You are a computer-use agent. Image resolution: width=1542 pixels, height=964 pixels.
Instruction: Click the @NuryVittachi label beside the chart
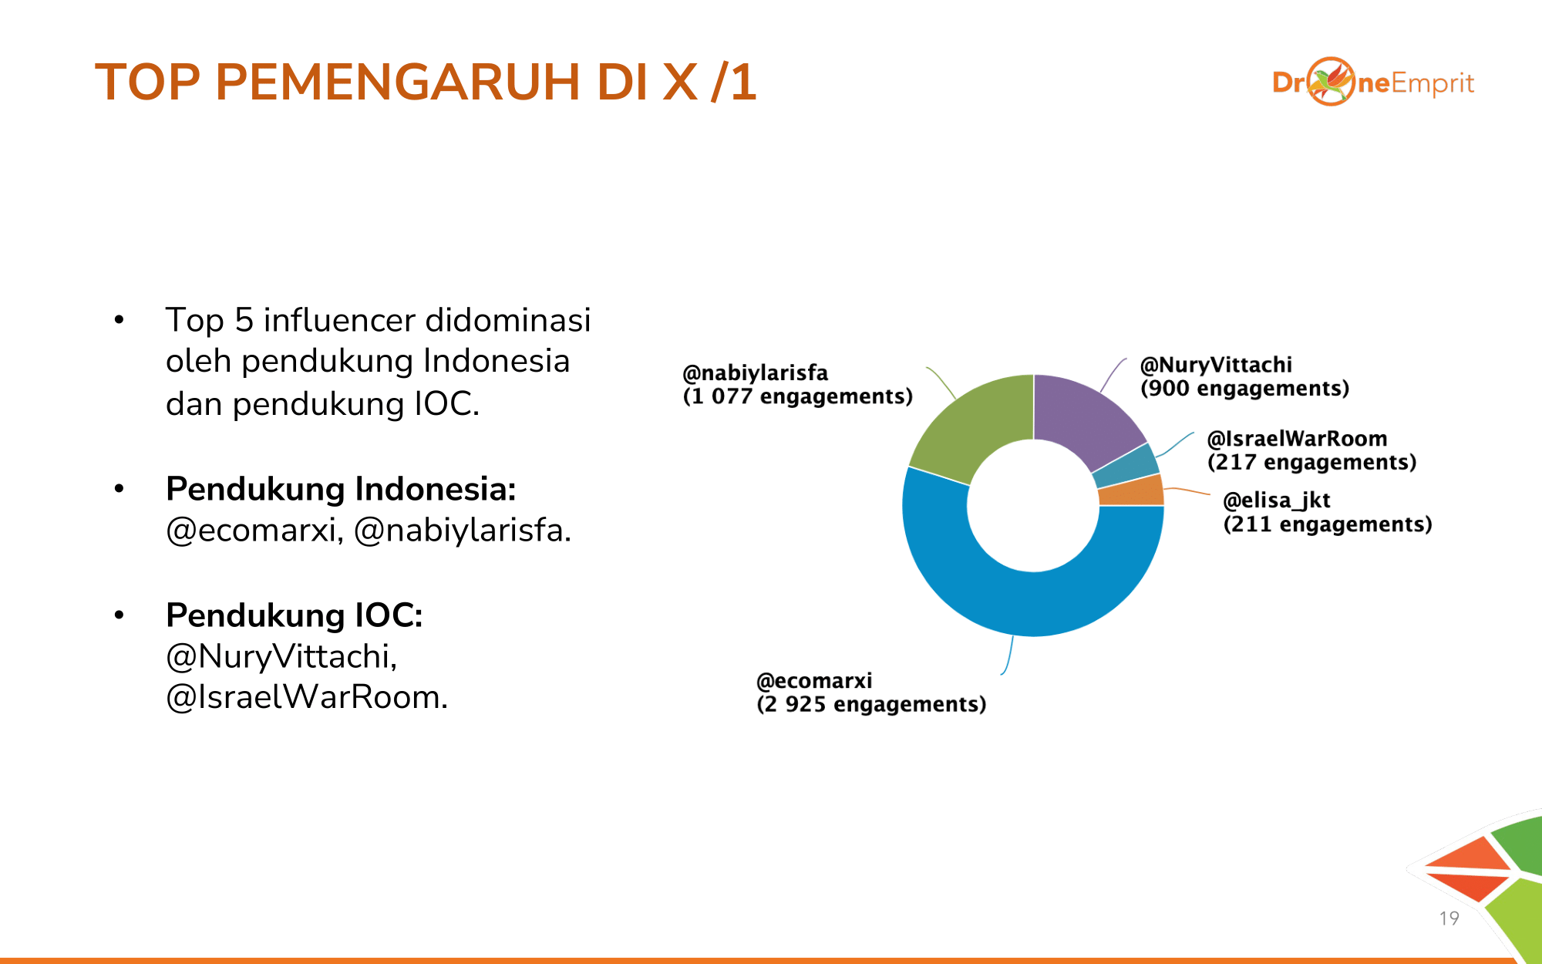click(x=1216, y=365)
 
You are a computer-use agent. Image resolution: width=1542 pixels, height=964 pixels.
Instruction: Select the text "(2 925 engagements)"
click(x=871, y=705)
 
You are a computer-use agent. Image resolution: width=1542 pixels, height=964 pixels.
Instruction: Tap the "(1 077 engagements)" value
click(x=798, y=396)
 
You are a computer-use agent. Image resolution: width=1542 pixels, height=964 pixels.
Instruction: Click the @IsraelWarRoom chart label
click(x=1297, y=439)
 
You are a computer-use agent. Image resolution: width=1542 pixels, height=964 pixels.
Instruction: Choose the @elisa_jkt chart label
click(x=1277, y=501)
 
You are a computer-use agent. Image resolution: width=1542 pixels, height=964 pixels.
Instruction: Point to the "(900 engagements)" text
click(x=1245, y=389)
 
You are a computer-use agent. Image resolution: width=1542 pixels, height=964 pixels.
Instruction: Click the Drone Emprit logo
click(x=1373, y=82)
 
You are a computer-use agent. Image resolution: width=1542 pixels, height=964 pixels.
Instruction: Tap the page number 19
click(x=1449, y=918)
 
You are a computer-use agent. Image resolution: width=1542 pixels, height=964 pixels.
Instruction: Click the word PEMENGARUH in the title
click(x=398, y=82)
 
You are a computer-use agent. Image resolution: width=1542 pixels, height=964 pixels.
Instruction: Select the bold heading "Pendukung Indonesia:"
click(x=341, y=489)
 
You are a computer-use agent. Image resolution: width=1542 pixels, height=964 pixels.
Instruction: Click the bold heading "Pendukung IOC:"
click(x=295, y=615)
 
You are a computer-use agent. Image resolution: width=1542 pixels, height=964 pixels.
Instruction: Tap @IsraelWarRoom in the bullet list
click(x=307, y=697)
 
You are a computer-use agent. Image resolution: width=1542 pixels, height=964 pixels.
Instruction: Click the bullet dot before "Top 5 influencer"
click(x=119, y=319)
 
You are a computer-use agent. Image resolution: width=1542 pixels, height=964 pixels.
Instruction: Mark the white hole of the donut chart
click(x=1033, y=506)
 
